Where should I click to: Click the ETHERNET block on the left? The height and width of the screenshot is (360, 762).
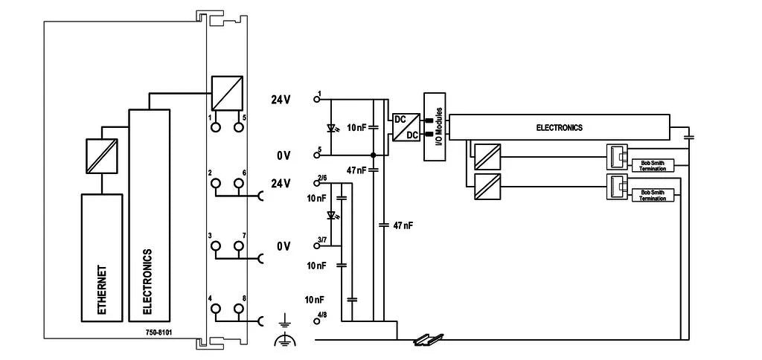(102, 257)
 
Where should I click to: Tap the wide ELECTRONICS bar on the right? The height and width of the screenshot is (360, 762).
(559, 127)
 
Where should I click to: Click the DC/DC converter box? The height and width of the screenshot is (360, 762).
(406, 126)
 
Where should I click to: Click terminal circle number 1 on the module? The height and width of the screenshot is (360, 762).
(216, 127)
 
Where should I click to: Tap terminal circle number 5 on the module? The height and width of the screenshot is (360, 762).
(239, 127)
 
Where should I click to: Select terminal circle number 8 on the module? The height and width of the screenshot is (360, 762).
(239, 309)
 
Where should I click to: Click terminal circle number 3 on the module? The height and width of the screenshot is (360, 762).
(216, 245)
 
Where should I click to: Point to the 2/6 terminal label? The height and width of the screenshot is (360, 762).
(322, 179)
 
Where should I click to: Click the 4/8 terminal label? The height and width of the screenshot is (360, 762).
(322, 315)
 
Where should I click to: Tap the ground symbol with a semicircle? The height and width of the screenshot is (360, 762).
(284, 340)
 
